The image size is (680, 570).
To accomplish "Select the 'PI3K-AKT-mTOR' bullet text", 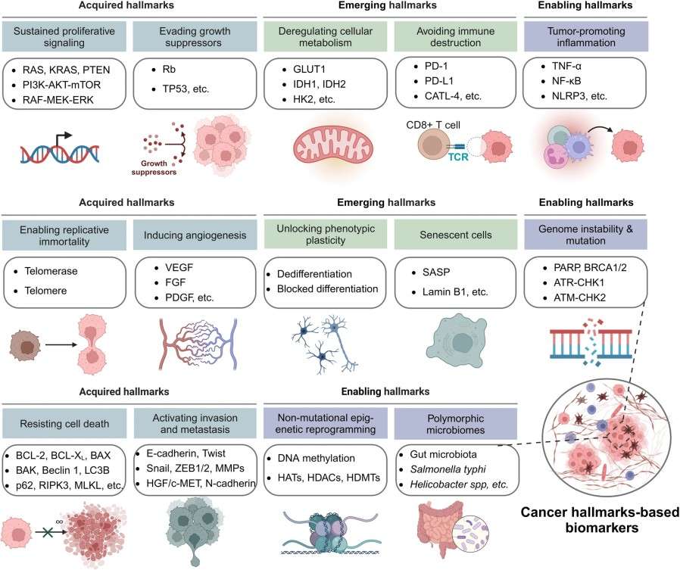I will click(x=63, y=86).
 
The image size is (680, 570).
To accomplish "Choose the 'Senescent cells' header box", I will click(x=456, y=235).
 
